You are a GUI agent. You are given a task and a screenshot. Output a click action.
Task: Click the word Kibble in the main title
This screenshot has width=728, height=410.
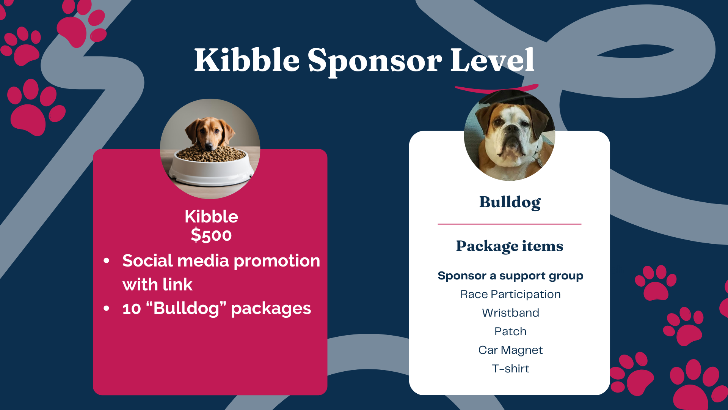click(247, 60)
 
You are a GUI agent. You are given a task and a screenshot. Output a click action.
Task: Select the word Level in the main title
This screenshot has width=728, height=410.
click(493, 60)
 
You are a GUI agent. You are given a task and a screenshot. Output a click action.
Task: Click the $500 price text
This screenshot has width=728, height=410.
click(211, 235)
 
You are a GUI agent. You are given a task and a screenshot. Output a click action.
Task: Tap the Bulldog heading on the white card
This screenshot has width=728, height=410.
click(510, 202)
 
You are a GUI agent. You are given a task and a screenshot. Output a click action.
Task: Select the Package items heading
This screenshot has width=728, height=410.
click(510, 246)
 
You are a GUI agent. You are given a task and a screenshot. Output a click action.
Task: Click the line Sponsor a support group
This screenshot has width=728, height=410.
click(510, 276)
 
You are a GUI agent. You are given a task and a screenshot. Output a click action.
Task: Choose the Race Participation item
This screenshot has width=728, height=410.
click(510, 295)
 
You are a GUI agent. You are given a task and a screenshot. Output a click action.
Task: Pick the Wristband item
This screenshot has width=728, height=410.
click(510, 313)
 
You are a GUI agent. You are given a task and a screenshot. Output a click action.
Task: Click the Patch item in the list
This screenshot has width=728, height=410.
click(510, 331)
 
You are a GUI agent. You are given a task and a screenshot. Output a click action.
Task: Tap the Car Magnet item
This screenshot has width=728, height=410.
click(510, 350)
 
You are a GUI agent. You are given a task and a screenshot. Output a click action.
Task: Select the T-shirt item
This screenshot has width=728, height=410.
click(510, 369)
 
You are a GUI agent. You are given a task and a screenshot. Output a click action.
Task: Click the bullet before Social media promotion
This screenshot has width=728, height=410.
click(107, 261)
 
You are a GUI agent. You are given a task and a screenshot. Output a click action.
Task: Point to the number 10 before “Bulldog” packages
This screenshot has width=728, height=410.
click(132, 309)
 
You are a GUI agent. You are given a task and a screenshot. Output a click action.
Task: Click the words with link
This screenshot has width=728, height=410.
click(157, 285)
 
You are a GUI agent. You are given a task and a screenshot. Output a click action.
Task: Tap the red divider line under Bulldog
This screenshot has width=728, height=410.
click(510, 224)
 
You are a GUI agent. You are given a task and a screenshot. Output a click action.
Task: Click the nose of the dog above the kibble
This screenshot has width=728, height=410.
click(209, 146)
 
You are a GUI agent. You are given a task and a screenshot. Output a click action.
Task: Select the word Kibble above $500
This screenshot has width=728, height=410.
click(211, 217)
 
